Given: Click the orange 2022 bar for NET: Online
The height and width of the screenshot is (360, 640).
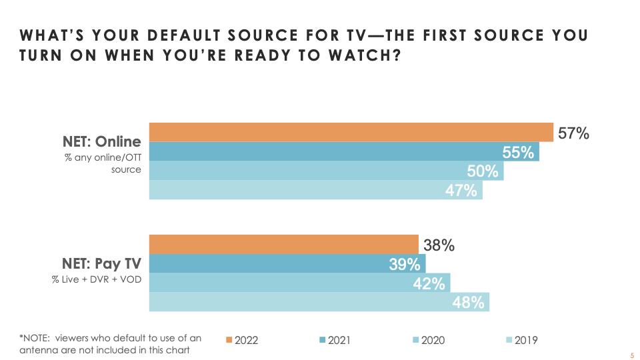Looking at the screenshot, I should click(x=351, y=132).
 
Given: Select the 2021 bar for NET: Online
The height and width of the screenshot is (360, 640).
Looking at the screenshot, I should click(x=320, y=152).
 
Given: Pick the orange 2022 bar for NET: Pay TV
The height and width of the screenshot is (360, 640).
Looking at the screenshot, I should click(x=283, y=245).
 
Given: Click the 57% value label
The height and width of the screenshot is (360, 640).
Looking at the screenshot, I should click(x=573, y=133).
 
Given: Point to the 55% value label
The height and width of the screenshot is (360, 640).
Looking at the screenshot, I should click(x=519, y=153).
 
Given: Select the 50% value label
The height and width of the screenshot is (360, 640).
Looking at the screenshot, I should click(x=483, y=171).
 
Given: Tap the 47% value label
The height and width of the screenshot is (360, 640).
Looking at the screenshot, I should click(x=461, y=191).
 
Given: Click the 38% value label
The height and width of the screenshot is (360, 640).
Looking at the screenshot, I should click(x=439, y=245).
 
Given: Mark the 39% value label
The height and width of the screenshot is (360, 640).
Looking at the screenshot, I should click(x=405, y=265).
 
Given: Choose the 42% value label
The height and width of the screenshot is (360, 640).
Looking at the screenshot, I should click(x=429, y=283).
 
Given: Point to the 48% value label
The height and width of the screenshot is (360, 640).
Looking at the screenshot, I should click(x=468, y=303).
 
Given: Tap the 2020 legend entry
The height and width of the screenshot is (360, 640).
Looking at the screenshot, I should click(x=427, y=340).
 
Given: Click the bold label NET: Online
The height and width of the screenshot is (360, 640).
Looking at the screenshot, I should click(x=102, y=141).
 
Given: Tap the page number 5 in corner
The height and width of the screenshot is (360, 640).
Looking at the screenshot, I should click(x=631, y=356).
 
